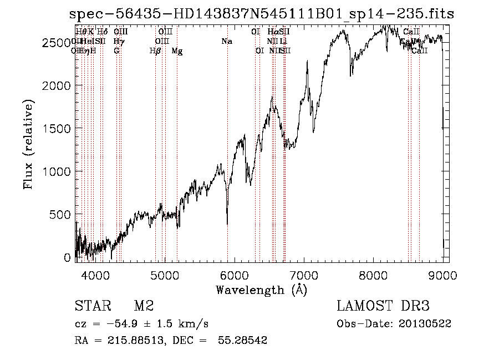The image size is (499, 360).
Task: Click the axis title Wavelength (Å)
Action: (x=261, y=290)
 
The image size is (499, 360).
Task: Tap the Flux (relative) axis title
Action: (x=28, y=144)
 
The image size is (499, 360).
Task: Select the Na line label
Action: (x=226, y=41)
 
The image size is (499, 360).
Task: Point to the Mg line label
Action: (x=177, y=51)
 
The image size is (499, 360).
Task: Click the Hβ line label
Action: (x=155, y=51)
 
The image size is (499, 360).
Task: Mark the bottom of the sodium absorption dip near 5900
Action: (x=227, y=224)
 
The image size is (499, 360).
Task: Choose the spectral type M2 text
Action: (x=144, y=306)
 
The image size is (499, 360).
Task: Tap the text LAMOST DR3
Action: (x=383, y=306)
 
